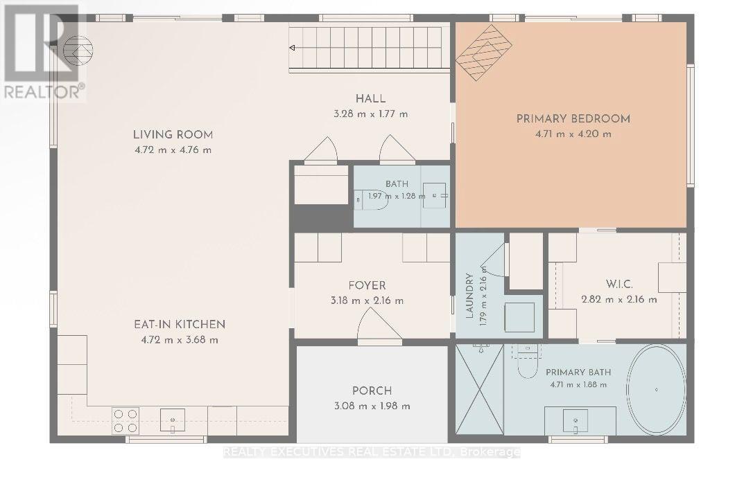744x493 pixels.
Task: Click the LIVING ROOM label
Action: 173,134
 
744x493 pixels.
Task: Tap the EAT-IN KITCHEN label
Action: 180,325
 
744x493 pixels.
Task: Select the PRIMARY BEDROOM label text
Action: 573,119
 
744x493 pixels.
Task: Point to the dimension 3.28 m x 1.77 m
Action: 370,114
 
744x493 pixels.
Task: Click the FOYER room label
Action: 367,285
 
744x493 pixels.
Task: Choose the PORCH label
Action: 372,391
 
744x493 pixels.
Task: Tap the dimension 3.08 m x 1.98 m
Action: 372,406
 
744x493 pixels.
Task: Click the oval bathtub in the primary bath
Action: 657,389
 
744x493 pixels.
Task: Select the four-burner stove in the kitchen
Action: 126,421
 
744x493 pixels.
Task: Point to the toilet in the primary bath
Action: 527,361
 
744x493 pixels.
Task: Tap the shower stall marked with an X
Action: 479,388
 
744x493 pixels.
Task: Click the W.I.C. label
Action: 619,285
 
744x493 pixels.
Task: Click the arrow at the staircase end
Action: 293,48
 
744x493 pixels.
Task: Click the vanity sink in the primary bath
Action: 576,421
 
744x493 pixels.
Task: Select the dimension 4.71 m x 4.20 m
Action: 573,134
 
